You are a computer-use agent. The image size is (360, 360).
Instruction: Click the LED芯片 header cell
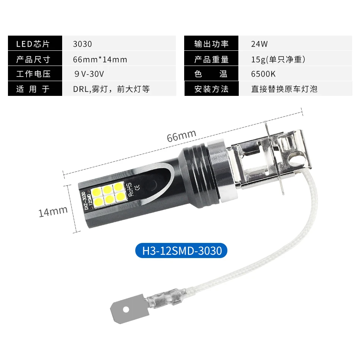tap(34, 44)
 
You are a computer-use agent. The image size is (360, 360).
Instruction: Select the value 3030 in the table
tap(82, 44)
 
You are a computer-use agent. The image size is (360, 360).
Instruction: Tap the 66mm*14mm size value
tap(100, 59)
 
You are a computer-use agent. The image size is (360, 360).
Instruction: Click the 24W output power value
tap(259, 44)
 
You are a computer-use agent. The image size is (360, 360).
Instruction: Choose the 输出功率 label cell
tap(211, 44)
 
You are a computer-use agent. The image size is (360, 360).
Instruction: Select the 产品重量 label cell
tap(211, 59)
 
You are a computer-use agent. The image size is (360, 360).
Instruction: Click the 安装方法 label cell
tap(211, 89)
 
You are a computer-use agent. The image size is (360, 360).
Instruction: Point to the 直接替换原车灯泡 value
tap(284, 89)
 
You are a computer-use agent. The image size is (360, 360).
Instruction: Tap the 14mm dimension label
tap(53, 211)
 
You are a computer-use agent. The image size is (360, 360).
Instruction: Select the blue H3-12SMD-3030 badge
tap(182, 250)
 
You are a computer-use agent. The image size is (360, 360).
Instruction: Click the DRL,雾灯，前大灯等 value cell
tap(111, 89)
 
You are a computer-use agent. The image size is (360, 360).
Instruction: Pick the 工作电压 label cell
tap(34, 74)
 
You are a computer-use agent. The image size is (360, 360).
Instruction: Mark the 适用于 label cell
tap(34, 89)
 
